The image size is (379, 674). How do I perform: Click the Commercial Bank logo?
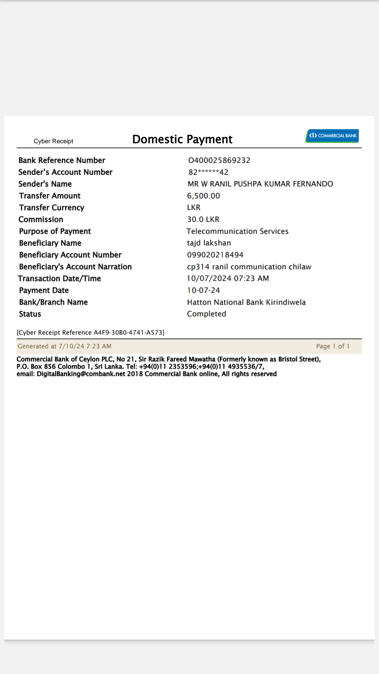tap(332, 136)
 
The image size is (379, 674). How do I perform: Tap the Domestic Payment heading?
tap(182, 139)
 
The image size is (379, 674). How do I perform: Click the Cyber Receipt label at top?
tap(53, 141)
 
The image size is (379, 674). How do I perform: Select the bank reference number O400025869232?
tap(219, 160)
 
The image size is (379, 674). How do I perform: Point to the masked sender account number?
tap(208, 172)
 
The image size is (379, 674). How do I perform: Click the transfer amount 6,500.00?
tap(204, 196)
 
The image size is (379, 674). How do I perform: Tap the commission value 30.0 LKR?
tap(203, 219)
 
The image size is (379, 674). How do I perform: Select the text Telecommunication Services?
tap(238, 231)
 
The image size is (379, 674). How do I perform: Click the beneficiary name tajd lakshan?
tap(209, 243)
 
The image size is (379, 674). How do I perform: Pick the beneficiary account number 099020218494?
tap(215, 255)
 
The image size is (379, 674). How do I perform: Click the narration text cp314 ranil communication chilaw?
tap(249, 267)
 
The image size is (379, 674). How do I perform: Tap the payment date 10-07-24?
tap(204, 290)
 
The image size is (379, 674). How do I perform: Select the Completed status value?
tap(206, 314)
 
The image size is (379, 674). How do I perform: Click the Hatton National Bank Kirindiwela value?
tap(246, 302)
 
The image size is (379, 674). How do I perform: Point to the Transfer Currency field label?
tap(52, 208)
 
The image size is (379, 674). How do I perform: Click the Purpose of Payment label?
tap(55, 231)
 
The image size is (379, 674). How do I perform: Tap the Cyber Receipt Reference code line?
tap(91, 332)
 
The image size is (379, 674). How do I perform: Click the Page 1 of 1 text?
tap(333, 346)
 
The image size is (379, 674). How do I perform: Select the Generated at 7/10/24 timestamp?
tap(65, 346)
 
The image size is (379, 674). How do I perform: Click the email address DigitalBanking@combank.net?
tap(81, 374)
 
